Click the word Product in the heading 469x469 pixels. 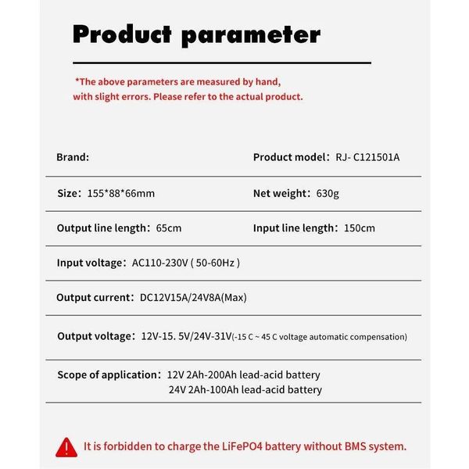coord(121,34)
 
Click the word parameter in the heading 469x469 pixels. coord(250,34)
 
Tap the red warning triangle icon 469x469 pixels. coord(64,446)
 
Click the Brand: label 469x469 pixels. coord(73,157)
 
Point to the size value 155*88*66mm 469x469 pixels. coord(121,193)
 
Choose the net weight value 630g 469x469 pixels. coord(328,193)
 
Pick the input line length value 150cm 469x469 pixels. coord(358,228)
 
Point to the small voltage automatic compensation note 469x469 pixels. coord(320,337)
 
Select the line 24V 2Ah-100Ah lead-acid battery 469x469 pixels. coord(245,389)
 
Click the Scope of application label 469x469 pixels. coord(108,374)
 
